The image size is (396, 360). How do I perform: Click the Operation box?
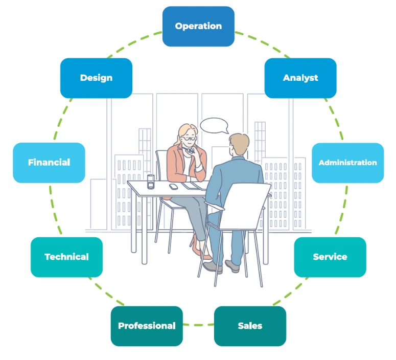click(198, 26)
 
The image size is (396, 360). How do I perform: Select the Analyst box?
click(300, 78)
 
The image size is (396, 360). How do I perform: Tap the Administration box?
click(347, 163)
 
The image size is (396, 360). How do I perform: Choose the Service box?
click(330, 257)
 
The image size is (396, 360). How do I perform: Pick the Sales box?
click(250, 326)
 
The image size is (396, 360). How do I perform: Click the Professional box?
click(147, 326)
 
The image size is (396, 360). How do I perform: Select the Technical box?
click(66, 257)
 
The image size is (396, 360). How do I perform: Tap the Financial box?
click(49, 163)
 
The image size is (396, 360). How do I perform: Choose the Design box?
click(96, 78)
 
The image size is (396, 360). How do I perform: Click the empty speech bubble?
click(214, 125)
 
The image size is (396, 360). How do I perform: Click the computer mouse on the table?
click(174, 186)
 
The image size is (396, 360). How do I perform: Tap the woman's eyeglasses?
click(190, 138)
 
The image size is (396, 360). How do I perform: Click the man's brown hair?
click(239, 140)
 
